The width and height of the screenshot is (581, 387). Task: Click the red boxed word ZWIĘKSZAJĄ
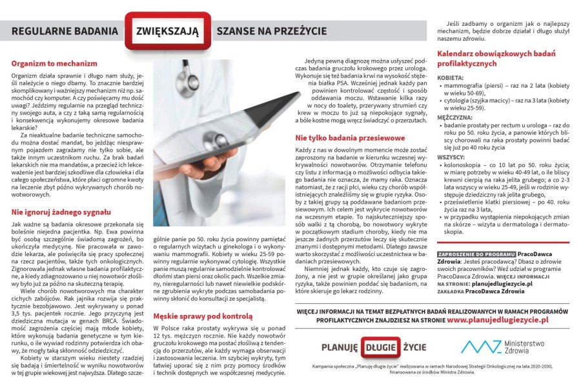click(x=168, y=30)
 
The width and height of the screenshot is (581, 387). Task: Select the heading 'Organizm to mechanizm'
click(x=54, y=64)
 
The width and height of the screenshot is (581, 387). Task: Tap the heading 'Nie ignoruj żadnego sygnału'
click(x=61, y=212)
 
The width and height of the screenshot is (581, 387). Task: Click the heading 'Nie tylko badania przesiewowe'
click(x=350, y=138)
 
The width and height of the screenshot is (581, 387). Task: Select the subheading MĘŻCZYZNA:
click(x=456, y=117)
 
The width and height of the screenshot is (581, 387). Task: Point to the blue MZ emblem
click(x=480, y=346)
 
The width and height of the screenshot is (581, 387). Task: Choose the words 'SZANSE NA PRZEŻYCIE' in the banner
click(x=271, y=30)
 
